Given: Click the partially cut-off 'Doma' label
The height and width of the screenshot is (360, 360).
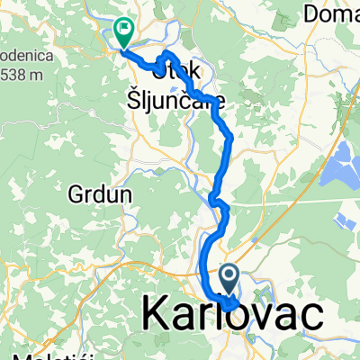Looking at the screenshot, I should pyautogui.click(x=331, y=13).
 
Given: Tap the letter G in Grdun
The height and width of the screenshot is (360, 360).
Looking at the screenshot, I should pyautogui.click(x=76, y=193).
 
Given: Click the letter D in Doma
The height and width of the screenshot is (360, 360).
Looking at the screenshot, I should pyautogui.click(x=311, y=13).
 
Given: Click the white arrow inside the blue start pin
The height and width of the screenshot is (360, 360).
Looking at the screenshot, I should pyautogui.click(x=229, y=274).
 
